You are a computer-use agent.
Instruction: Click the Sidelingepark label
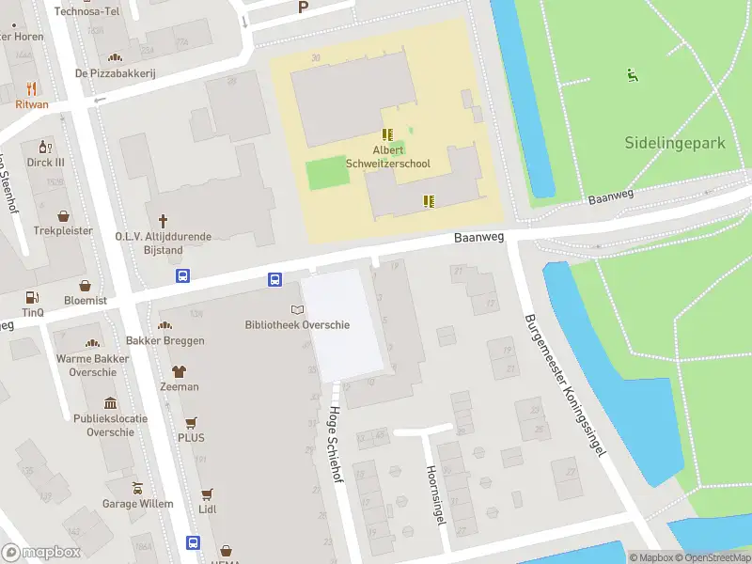(x=675, y=143)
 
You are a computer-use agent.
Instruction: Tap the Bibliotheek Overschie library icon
(x=298, y=309)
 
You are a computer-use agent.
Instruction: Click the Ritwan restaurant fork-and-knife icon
(x=31, y=89)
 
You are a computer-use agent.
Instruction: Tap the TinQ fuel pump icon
(x=32, y=296)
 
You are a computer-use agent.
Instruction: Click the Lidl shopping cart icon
(x=207, y=493)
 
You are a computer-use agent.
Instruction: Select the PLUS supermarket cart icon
(x=191, y=423)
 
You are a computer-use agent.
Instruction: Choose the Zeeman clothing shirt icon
(x=179, y=371)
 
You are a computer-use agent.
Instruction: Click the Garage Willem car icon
(x=138, y=489)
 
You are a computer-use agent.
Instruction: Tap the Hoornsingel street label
(x=434, y=494)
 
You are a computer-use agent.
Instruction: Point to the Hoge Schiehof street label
(x=334, y=444)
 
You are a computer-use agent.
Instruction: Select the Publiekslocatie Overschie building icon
(x=111, y=402)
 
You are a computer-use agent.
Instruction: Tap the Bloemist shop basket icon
(x=86, y=285)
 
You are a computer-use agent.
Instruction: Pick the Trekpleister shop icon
(x=64, y=215)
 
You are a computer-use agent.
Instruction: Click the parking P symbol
(x=303, y=8)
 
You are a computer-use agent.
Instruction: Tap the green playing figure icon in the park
(x=633, y=75)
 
